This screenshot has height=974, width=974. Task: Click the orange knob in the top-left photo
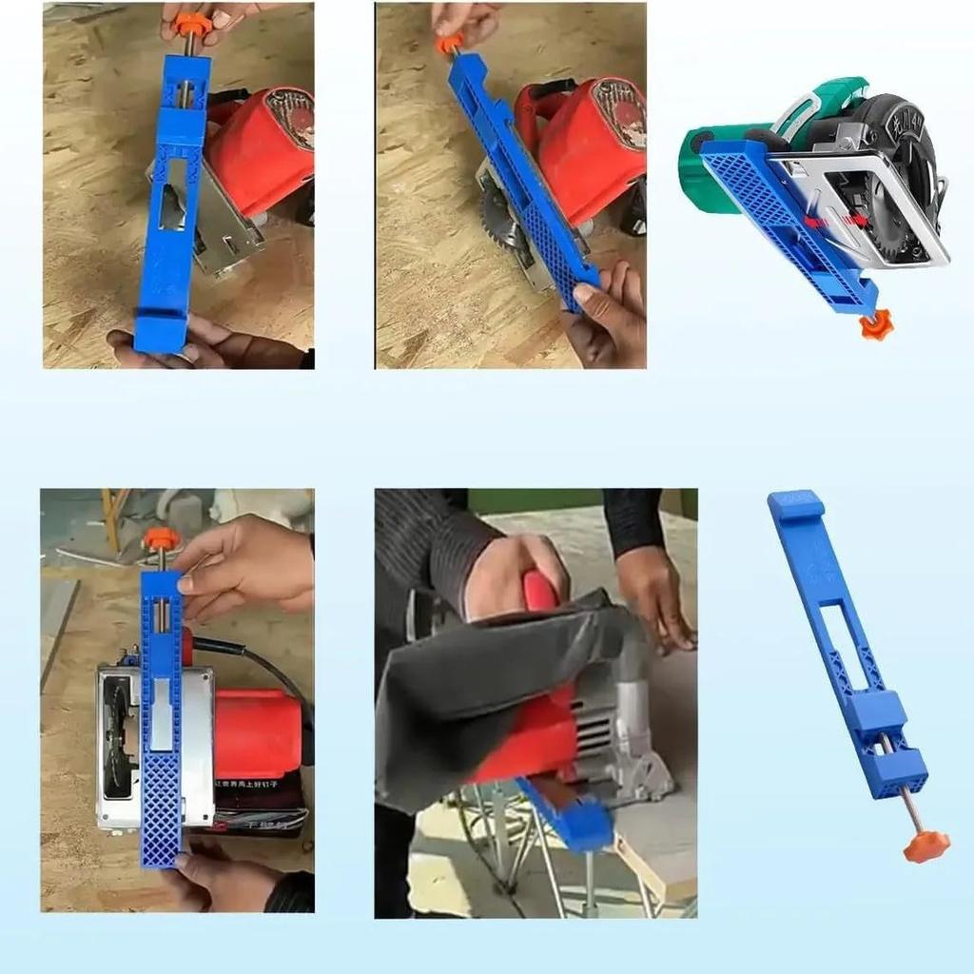click(x=191, y=22)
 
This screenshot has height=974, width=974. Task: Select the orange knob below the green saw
click(x=875, y=325)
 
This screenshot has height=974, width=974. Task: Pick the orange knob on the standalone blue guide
click(x=926, y=845)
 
